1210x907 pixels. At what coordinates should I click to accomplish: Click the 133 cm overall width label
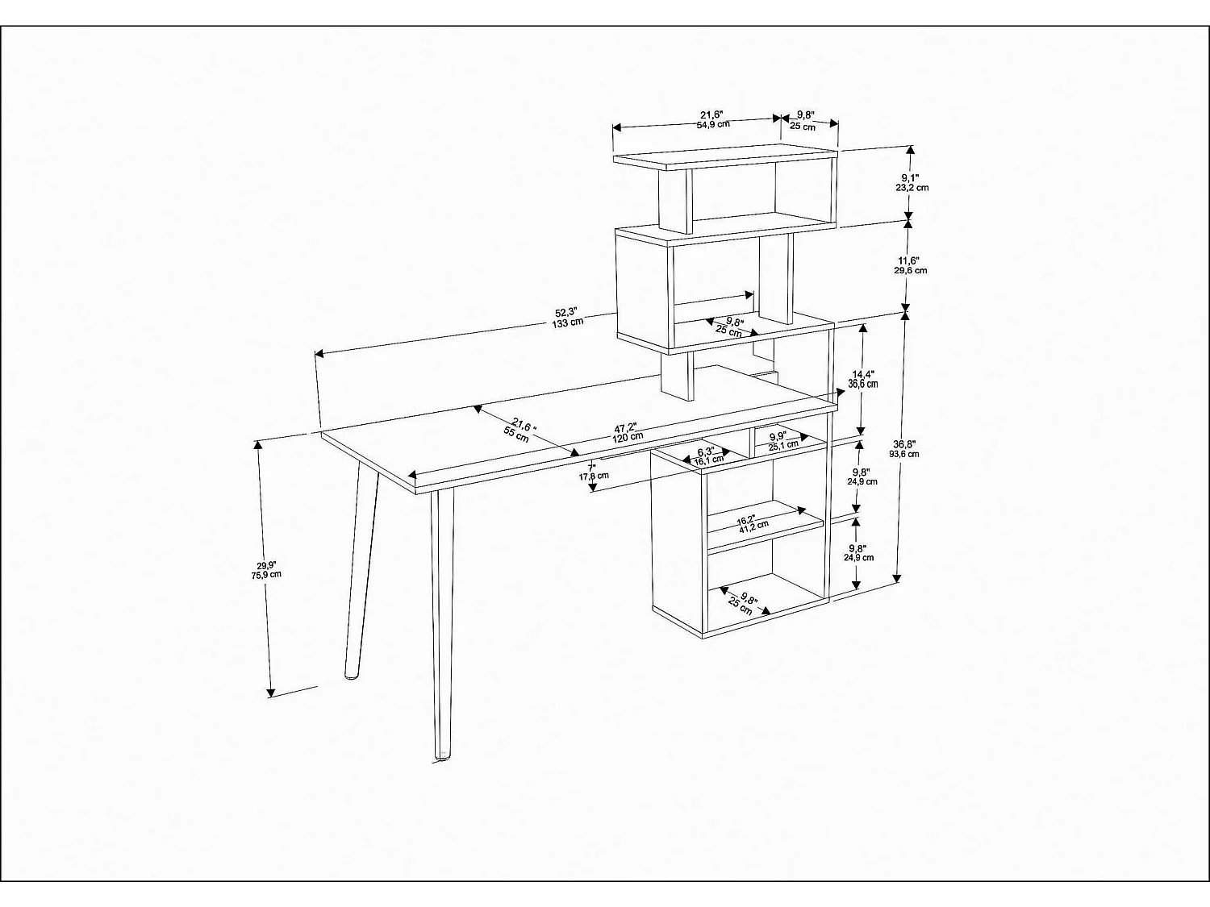(567, 323)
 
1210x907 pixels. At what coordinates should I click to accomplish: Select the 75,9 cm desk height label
(266, 575)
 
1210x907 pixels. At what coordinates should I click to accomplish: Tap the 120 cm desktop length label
(627, 436)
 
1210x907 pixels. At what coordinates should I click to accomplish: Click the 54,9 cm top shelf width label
(713, 124)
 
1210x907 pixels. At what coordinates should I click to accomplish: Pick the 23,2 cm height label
(912, 187)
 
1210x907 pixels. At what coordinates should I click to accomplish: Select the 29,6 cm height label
(910, 270)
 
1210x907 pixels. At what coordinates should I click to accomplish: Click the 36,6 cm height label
(863, 385)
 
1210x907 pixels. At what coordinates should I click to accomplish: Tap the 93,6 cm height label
(904, 454)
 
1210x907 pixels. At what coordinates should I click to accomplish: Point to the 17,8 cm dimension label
(594, 476)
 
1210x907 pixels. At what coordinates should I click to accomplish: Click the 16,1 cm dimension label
(709, 460)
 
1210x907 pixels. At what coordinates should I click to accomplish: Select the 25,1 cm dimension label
(783, 445)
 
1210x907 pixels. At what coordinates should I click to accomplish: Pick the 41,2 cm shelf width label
(745, 527)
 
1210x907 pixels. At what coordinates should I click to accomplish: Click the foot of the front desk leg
(442, 755)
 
